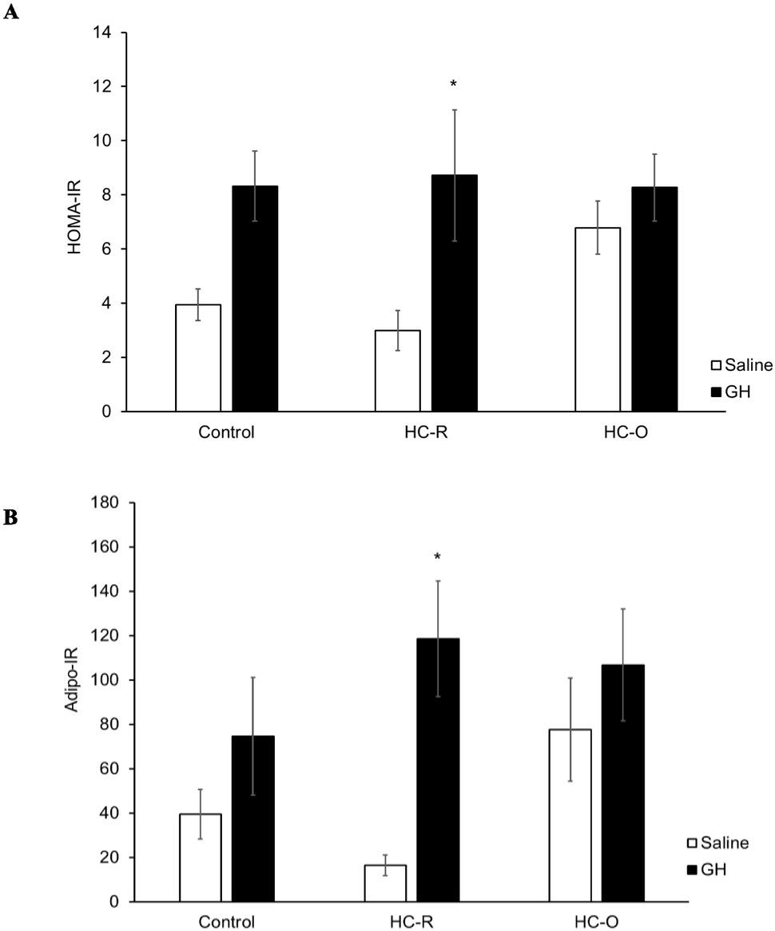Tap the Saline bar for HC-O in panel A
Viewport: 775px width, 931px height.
598,320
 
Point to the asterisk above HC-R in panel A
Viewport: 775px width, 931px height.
454,85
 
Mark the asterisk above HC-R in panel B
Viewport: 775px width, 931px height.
437,557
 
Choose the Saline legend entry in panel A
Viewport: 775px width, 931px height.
741,366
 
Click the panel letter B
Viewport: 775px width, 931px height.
10,517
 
